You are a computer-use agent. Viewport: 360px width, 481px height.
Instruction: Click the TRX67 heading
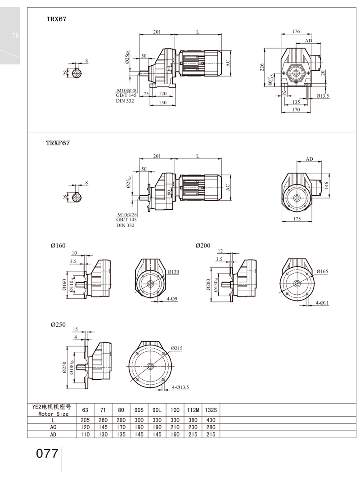click(57, 19)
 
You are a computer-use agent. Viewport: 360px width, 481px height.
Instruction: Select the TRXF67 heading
click(58, 143)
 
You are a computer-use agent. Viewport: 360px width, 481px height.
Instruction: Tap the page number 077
click(47, 453)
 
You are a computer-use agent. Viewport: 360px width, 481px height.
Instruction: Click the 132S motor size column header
click(211, 410)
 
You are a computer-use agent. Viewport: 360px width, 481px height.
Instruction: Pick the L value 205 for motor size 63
click(85, 420)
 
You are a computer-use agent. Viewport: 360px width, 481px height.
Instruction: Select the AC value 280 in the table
click(211, 427)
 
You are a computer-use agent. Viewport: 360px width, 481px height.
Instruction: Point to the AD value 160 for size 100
click(175, 434)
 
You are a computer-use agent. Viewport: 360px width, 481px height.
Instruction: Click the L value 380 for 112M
click(192, 420)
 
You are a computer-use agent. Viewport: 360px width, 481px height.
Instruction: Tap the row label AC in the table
click(53, 427)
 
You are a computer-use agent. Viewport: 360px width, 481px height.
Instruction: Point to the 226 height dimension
click(262, 67)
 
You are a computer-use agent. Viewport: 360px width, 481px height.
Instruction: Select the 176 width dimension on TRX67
click(296, 31)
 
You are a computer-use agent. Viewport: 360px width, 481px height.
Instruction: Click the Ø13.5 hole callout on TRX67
click(322, 96)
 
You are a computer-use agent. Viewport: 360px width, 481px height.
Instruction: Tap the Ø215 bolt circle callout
click(176, 348)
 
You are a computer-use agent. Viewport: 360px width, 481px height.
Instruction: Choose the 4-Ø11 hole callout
click(322, 303)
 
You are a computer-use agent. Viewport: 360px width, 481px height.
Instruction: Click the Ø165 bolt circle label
click(322, 271)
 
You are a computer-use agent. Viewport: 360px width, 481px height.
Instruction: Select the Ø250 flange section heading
click(58, 324)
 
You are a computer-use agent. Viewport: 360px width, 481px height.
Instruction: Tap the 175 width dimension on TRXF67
click(297, 219)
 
